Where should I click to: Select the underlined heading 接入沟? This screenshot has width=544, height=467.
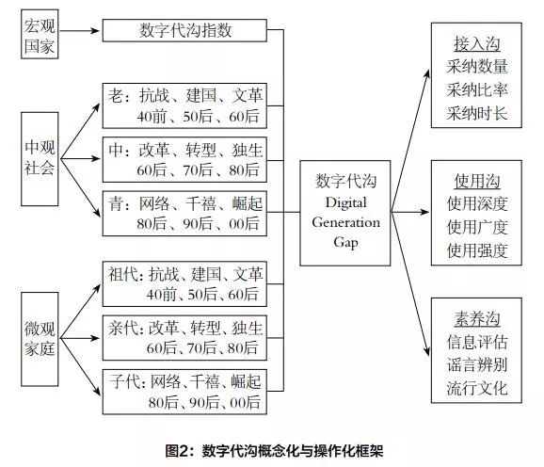point(477,44)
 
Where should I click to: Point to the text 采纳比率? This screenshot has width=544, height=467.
point(477,90)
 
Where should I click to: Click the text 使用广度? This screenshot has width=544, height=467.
point(477,228)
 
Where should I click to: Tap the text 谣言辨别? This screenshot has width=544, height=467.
point(477,364)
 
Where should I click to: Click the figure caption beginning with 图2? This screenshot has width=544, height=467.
point(271,451)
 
